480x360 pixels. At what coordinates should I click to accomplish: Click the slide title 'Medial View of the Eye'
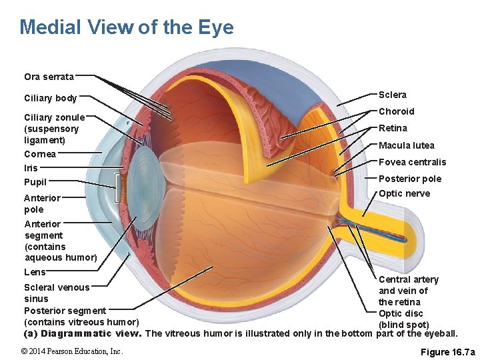click(x=127, y=27)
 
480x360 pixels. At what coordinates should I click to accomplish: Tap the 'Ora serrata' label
click(x=49, y=77)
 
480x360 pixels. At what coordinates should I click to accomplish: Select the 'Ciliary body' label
click(x=51, y=99)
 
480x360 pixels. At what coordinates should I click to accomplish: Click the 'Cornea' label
click(x=40, y=154)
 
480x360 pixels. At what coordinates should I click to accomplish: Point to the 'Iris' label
click(x=31, y=168)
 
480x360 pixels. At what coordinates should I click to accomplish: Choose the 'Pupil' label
click(x=35, y=182)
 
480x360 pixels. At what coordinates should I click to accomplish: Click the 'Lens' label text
click(x=35, y=272)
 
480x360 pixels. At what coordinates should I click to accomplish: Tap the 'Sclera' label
click(x=393, y=95)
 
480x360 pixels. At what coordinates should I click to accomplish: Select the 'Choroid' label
click(x=396, y=111)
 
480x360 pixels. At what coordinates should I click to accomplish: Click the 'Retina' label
click(x=393, y=128)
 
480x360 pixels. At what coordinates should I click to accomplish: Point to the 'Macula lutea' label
click(x=406, y=145)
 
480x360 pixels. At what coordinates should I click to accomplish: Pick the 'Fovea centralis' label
click(x=412, y=162)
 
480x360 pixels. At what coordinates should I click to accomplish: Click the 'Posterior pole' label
click(x=409, y=179)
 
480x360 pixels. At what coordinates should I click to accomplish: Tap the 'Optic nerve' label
click(x=404, y=194)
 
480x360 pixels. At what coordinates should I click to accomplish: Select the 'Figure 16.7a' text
click(x=448, y=351)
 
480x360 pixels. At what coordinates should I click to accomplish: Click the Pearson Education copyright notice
click(x=71, y=351)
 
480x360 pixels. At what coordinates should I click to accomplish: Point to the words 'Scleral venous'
click(x=57, y=287)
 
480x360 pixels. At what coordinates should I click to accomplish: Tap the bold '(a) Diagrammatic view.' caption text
click(x=82, y=333)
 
